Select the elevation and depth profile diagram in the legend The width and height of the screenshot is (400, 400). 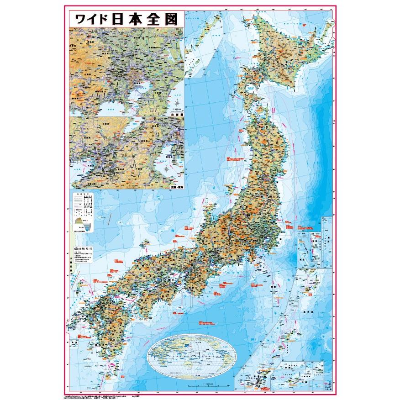[83, 224]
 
